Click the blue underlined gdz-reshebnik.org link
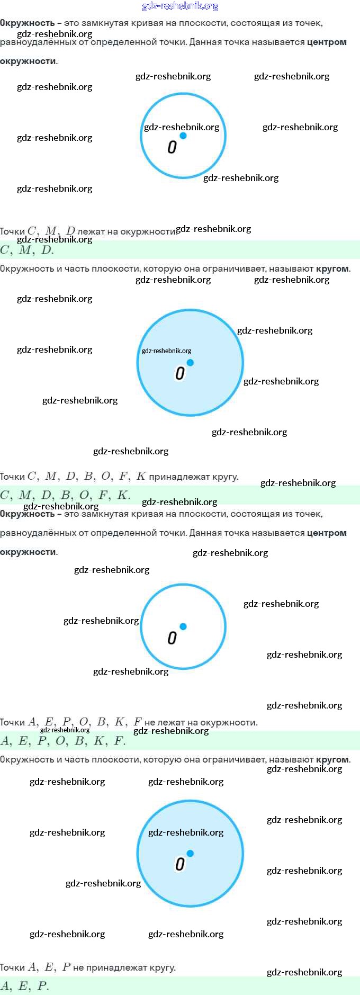180,6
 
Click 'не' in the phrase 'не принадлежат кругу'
78,967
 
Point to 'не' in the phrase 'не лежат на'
150,722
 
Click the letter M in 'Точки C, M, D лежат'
51,231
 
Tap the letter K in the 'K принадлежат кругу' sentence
141,476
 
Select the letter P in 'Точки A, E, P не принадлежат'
66,967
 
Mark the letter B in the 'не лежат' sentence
102,722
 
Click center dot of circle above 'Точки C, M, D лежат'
183,136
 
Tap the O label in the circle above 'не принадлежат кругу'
180,864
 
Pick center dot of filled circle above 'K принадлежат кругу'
191,363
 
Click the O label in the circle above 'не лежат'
172,638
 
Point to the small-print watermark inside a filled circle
166,351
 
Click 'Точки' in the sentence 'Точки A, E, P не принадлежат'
13,967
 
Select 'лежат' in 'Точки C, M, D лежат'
92,231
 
